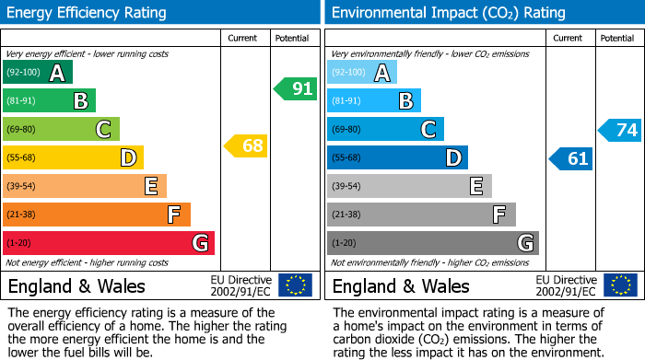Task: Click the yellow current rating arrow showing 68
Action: pos(246,145)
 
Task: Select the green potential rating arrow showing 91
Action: pos(296,89)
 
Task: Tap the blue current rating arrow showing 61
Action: pos(570,158)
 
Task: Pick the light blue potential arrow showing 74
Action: pos(620,130)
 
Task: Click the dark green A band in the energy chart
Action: pos(38,73)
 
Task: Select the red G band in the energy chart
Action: pos(109,243)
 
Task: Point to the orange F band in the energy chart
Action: pos(97,215)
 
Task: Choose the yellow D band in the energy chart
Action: pos(73,157)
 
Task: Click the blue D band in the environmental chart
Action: pos(397,157)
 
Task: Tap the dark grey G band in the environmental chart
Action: pos(432,243)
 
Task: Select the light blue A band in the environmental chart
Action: pos(362,73)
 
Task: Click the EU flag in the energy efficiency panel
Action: pos(295,285)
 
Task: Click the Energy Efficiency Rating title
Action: pos(88,13)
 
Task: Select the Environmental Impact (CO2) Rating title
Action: pos(448,13)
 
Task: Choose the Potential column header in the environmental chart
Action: pos(617,38)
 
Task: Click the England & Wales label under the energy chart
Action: pos(76,285)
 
